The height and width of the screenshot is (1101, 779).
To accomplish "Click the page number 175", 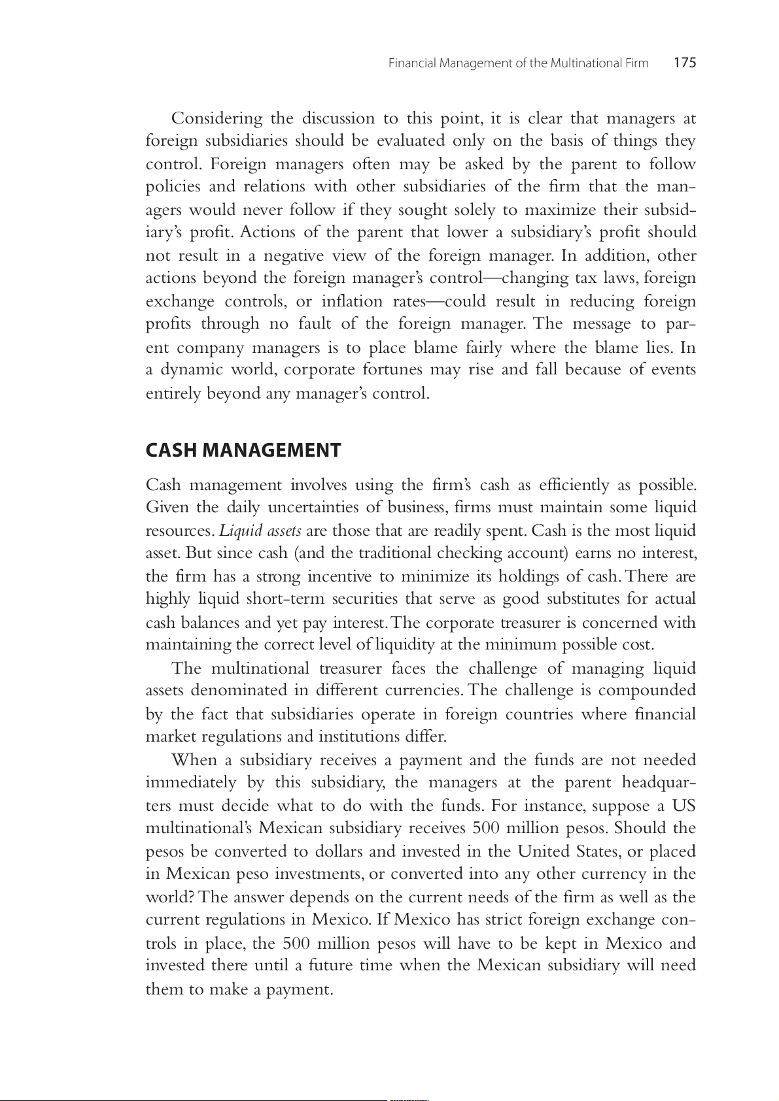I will [x=685, y=63].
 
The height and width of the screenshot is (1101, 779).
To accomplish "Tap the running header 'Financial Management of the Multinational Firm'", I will [x=518, y=63].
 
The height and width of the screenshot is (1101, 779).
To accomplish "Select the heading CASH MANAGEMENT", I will [x=243, y=450].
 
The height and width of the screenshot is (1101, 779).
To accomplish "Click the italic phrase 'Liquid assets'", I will [x=260, y=531].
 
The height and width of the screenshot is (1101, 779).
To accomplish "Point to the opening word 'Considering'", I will [x=216, y=118].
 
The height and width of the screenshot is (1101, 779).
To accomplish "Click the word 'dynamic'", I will [x=192, y=370].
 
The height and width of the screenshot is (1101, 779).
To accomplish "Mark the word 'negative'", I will [x=294, y=255].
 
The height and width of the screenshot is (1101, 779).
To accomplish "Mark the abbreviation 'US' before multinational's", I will [x=684, y=806].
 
